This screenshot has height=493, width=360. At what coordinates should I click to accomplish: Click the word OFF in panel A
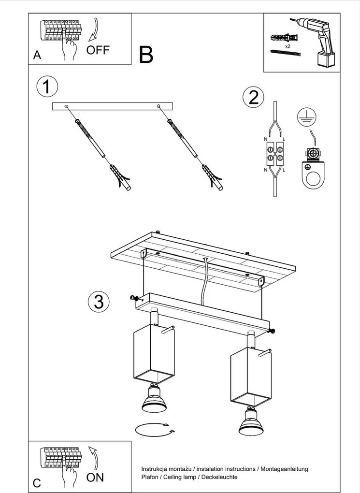(98, 50)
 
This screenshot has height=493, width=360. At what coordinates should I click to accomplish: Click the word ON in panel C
(95, 477)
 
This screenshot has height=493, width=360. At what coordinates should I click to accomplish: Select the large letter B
(146, 56)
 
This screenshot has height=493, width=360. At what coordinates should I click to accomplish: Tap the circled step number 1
(47, 87)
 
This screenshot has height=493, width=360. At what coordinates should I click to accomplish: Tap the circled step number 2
(253, 98)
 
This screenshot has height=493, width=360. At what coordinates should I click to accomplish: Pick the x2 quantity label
(287, 46)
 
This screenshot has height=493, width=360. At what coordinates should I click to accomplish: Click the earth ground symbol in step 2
(305, 116)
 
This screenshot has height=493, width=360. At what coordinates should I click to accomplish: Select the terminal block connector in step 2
(274, 156)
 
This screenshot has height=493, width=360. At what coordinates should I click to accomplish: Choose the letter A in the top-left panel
(37, 56)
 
